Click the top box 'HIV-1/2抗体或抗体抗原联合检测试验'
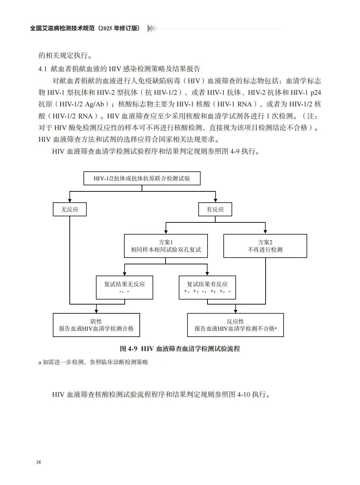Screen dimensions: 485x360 142,178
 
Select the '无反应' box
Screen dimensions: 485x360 70,209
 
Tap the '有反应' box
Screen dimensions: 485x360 215,209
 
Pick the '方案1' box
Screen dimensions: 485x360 166,246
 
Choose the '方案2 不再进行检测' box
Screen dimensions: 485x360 265,246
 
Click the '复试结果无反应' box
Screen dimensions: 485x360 124,288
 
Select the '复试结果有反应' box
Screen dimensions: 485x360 207,288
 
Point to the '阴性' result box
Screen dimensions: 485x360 96,325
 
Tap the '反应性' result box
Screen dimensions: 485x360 235,325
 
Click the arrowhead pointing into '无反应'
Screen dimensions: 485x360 70,200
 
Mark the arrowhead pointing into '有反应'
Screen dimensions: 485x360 215,200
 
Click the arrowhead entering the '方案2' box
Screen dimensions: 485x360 265,232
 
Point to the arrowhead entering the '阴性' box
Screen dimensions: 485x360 96,311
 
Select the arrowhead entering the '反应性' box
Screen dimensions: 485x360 235,311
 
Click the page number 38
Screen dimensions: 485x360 38,462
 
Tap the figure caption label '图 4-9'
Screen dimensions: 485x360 128,349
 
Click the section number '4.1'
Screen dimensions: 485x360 43,69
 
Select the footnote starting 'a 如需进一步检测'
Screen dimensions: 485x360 93,362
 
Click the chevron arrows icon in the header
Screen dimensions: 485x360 152,29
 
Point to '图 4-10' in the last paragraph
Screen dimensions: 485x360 239,394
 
